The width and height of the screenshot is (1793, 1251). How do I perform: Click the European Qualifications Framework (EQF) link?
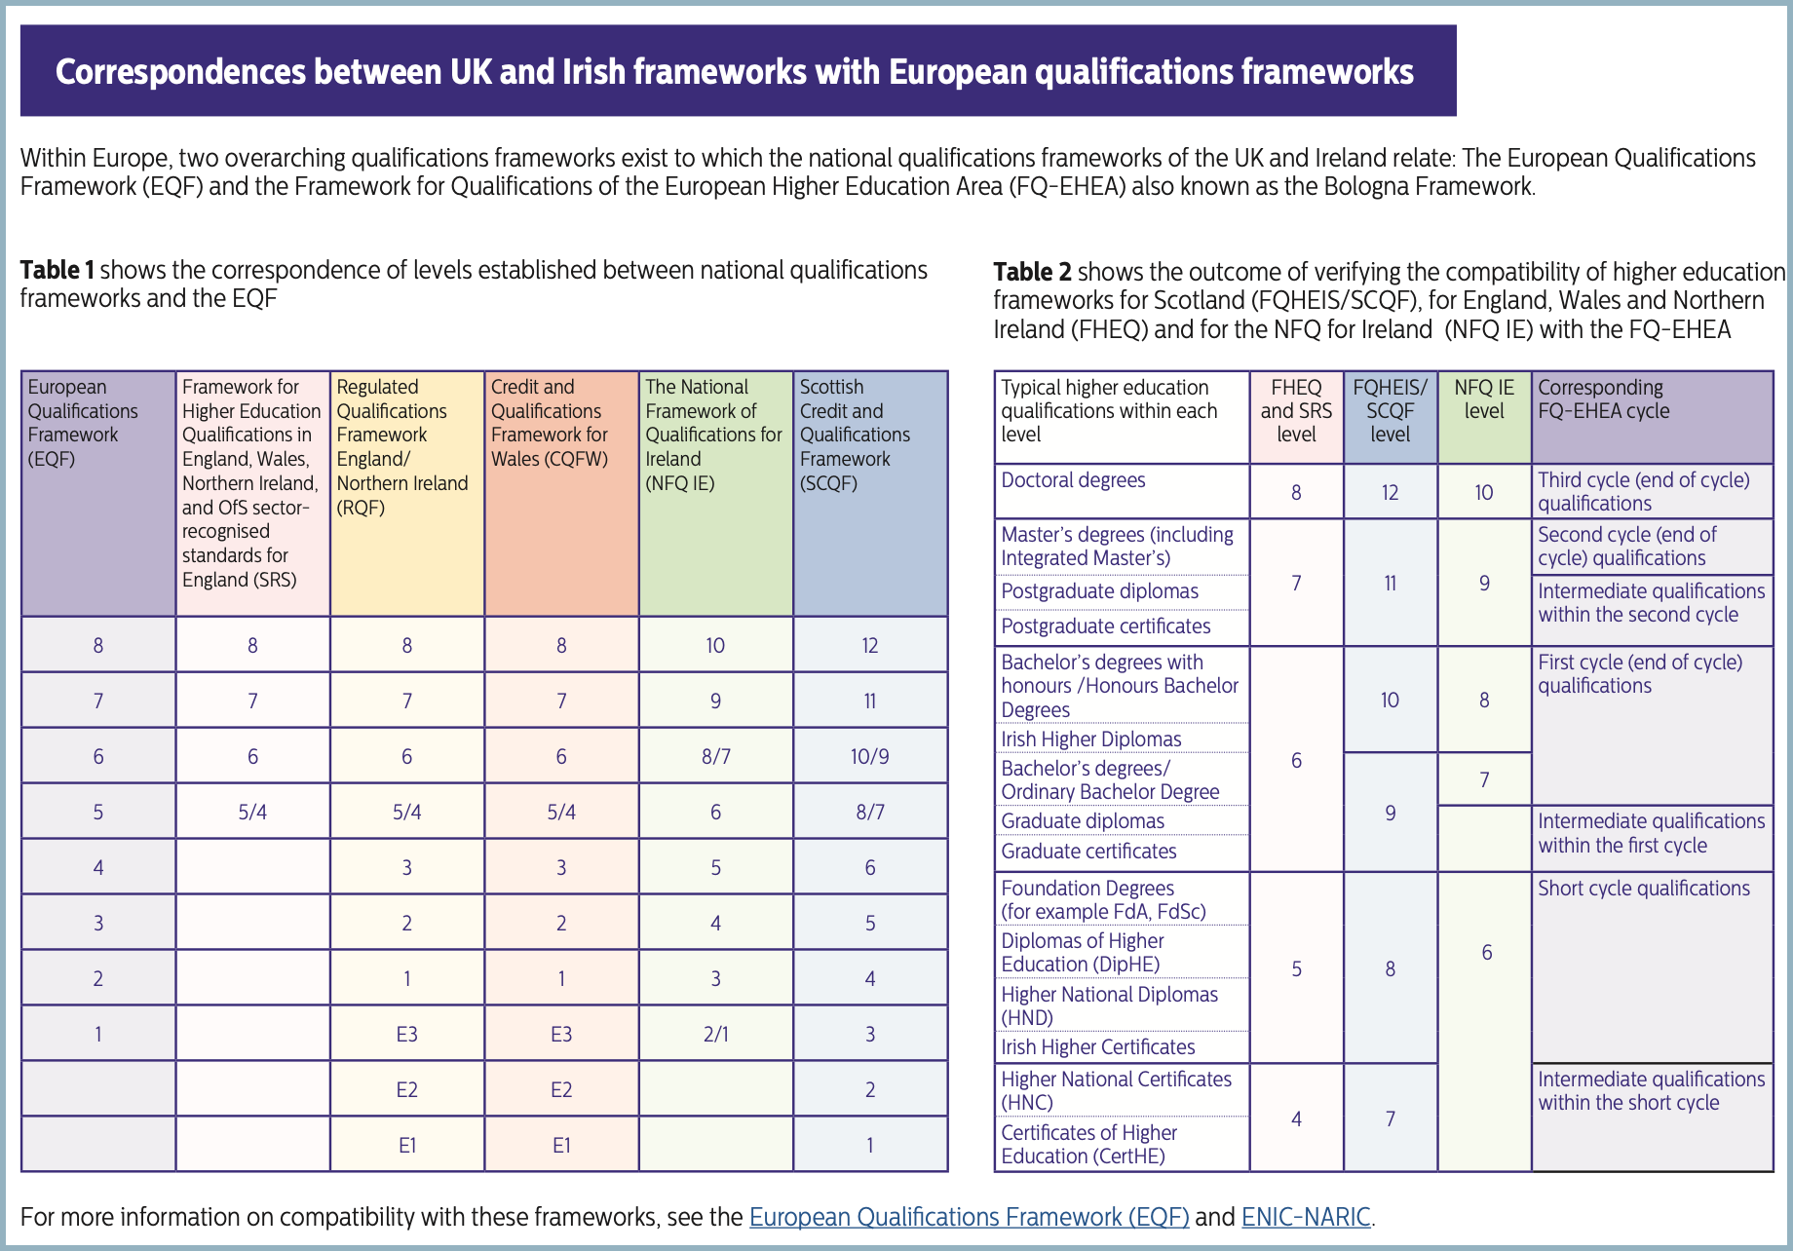coord(969,1217)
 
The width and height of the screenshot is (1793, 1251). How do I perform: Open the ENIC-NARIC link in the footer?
coord(1306,1217)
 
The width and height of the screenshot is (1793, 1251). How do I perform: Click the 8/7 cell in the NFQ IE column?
coord(715,756)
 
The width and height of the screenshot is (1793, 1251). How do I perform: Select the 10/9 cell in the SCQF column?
coord(869,756)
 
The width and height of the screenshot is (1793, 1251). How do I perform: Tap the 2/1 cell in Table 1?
coord(715,1034)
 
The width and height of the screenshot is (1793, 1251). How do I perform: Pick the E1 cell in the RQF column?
coord(407,1145)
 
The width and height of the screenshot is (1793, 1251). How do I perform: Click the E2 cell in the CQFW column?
coord(561,1089)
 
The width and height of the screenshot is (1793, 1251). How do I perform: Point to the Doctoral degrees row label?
coord(1073,480)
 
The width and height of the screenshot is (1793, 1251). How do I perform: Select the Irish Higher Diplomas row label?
coord(1090,739)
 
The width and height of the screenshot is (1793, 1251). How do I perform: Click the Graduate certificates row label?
coord(1088,852)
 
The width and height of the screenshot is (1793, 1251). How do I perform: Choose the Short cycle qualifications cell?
coord(1643,889)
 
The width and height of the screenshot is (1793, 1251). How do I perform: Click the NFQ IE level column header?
coord(1484,399)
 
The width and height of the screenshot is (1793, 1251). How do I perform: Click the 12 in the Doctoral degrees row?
coord(1390,492)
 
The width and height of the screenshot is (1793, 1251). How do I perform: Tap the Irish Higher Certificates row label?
coord(1097,1047)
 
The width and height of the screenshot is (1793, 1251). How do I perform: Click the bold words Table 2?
coord(1032,272)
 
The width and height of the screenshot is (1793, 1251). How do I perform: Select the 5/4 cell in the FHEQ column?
coord(252,812)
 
